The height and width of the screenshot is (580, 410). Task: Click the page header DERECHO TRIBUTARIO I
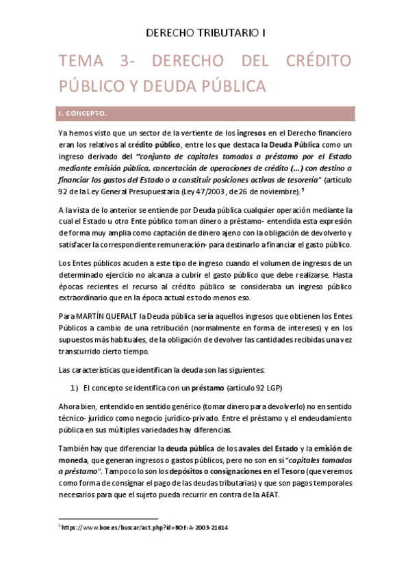[x=205, y=32]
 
